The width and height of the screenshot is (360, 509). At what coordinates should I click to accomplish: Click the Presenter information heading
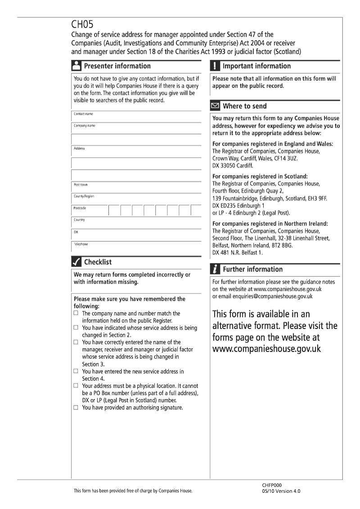117,66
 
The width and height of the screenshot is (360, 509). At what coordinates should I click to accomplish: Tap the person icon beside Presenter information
76,66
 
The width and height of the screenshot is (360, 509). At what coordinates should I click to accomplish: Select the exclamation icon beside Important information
215,66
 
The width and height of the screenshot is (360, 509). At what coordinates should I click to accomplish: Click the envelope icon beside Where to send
215,106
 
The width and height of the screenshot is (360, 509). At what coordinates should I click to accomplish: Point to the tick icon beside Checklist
76,262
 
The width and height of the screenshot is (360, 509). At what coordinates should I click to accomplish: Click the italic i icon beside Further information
215,269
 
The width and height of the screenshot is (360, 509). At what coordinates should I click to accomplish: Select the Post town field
136,187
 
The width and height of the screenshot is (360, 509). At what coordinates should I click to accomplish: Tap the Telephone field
136,247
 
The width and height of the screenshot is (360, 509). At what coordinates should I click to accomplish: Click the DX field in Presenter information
136,235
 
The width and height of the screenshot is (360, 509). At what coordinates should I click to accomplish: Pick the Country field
136,223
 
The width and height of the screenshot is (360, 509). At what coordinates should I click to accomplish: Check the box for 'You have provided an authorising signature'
76,408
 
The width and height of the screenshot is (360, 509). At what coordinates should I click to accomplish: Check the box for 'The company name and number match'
76,313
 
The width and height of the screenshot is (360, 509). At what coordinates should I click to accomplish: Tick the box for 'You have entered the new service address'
76,371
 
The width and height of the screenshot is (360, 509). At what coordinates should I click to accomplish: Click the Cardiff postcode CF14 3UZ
285,158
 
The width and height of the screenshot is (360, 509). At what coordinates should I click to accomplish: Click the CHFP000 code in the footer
271,485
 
